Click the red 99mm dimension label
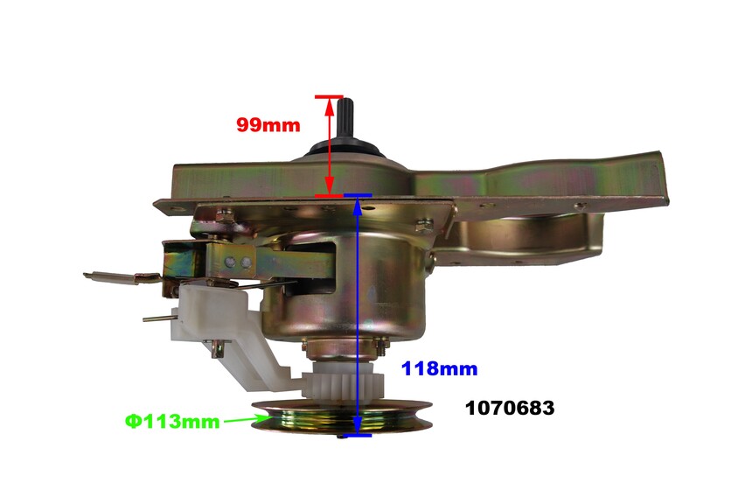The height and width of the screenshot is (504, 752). (x=268, y=125)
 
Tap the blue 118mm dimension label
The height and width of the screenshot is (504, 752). (x=439, y=368)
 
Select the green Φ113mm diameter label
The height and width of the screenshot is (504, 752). (x=172, y=422)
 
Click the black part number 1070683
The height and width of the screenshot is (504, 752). (x=510, y=408)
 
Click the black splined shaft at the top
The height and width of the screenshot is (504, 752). (x=345, y=117)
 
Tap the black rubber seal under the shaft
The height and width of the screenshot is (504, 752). (x=345, y=148)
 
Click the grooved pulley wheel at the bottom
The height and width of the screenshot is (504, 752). (x=343, y=417)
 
